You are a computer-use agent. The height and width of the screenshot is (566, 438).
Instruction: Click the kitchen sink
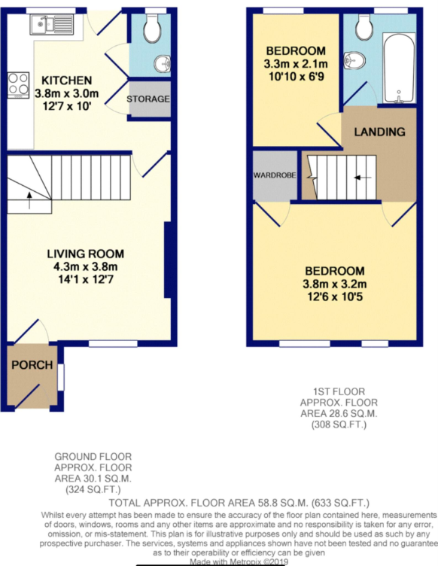(52, 25)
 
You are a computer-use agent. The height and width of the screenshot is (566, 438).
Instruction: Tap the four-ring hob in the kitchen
(18, 85)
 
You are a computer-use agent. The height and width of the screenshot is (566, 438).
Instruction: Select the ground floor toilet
(152, 29)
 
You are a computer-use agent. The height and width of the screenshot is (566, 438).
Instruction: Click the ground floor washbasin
(163, 64)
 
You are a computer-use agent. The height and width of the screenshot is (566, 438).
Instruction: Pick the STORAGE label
(148, 99)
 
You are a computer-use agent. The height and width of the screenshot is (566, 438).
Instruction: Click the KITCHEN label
(67, 80)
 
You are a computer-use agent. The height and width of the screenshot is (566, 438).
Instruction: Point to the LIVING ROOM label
(86, 254)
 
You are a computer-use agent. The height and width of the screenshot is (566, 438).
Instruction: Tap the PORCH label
(32, 365)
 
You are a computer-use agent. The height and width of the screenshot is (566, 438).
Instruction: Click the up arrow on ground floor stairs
(29, 200)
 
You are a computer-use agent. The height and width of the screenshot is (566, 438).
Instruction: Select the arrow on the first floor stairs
(363, 178)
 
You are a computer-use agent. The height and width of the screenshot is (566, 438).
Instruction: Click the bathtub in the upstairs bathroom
(398, 68)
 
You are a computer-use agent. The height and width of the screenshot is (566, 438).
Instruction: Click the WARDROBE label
(275, 175)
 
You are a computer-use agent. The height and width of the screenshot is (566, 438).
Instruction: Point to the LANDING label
(379, 132)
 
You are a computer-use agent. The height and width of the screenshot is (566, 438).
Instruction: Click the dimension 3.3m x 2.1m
(296, 64)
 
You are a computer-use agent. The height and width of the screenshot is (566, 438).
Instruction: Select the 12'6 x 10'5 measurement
(335, 297)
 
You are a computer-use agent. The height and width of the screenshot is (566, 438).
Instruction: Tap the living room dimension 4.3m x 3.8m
(86, 266)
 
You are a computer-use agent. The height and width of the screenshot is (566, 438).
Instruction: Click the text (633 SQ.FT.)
(340, 503)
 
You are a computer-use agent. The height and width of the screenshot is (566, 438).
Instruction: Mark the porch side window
(61, 377)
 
